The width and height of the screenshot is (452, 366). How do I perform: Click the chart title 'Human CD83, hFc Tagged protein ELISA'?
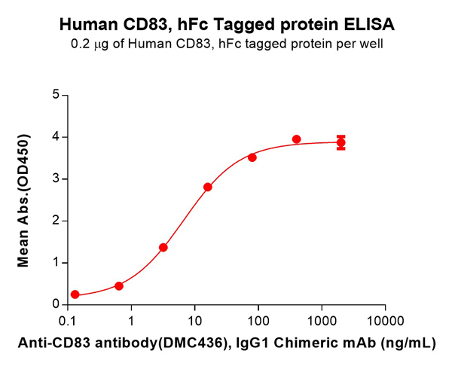pyautogui.click(x=226, y=25)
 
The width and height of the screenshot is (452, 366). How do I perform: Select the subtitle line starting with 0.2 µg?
pyautogui.click(x=226, y=44)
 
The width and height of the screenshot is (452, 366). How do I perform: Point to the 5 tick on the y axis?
pyautogui.click(x=55, y=95)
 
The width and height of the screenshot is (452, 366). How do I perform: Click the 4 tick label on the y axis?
pyautogui.click(x=55, y=137)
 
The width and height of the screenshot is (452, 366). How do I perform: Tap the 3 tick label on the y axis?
pyautogui.click(x=55, y=178)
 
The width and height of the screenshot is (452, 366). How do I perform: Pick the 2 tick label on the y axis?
pyautogui.click(x=55, y=221)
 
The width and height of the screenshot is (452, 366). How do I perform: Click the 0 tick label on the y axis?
pyautogui.click(x=55, y=304)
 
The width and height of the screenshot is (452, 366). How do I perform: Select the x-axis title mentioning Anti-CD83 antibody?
pyautogui.click(x=226, y=343)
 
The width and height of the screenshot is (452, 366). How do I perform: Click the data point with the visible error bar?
pyautogui.click(x=341, y=142)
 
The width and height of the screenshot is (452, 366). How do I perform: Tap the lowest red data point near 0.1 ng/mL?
pyautogui.click(x=75, y=294)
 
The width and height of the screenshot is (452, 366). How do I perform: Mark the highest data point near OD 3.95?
pyautogui.click(x=296, y=139)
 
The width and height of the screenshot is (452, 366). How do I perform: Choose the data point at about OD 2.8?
pyautogui.click(x=208, y=187)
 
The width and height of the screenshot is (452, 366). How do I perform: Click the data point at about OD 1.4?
pyautogui.click(x=163, y=247)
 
